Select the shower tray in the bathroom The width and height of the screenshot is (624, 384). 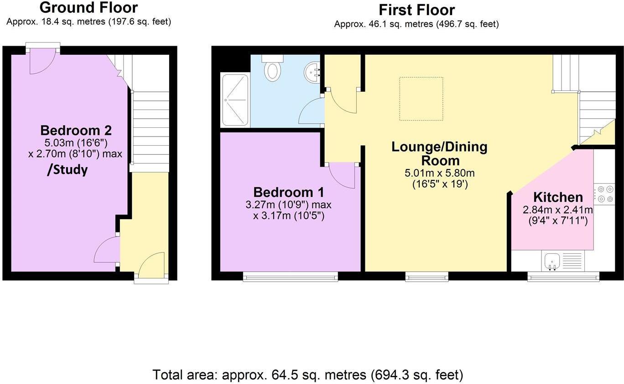click(x=235, y=100)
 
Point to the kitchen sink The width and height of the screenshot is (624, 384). click(x=552, y=261)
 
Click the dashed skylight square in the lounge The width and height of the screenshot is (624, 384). click(x=421, y=99)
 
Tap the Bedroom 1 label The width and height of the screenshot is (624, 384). click(x=288, y=192)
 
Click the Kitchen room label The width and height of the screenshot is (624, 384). click(x=558, y=197)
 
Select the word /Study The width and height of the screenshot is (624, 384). click(x=68, y=170)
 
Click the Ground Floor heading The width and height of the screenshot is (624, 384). click(x=88, y=8)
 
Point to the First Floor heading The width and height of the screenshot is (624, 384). click(x=416, y=10)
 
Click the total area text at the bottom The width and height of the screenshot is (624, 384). click(x=307, y=375)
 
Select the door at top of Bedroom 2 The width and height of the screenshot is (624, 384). click(x=42, y=61)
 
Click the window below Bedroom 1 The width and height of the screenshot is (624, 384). click(x=290, y=276)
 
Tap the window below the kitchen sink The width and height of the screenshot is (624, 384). click(x=563, y=276)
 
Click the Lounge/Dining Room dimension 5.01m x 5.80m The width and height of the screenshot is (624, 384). click(x=439, y=174)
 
